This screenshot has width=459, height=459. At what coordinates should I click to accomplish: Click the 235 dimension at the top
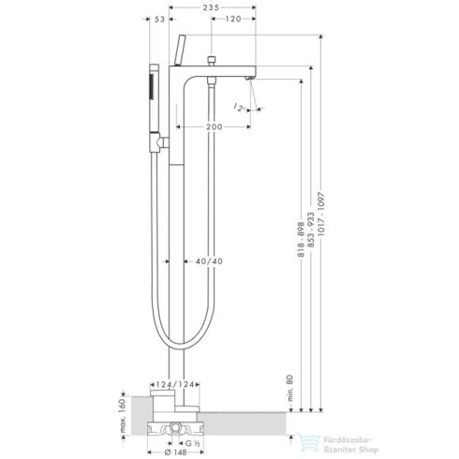click(x=213, y=9)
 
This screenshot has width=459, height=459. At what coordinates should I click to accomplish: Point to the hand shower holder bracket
click(x=163, y=141)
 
